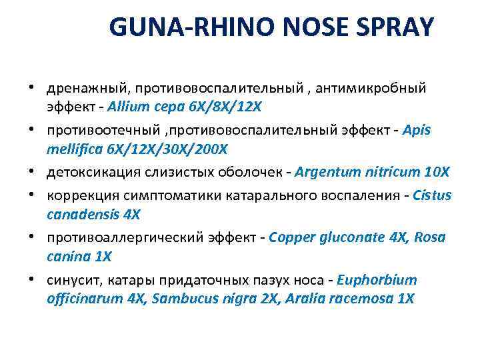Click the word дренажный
coord(82,88)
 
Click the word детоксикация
coord(86,172)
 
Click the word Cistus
coord(433,196)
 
